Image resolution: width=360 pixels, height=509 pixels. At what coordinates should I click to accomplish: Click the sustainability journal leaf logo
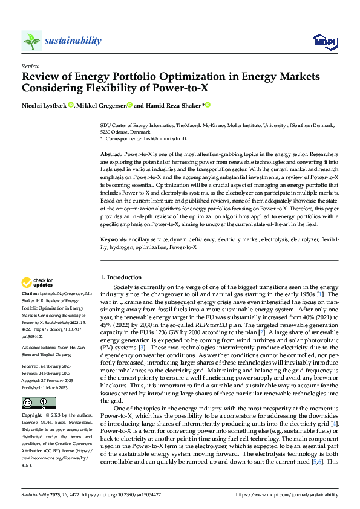(x=31, y=41)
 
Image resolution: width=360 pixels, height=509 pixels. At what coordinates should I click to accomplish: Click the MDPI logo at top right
(x=324, y=41)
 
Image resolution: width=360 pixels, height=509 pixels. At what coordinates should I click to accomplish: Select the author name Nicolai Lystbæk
(x=44, y=105)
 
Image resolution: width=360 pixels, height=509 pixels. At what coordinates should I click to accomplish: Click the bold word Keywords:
(x=113, y=240)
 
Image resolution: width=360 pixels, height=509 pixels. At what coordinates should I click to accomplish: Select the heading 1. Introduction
(x=120, y=277)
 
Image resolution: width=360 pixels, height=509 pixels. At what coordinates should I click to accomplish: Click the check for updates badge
(x=38, y=282)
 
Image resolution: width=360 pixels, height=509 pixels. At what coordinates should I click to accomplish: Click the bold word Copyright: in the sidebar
(x=33, y=415)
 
